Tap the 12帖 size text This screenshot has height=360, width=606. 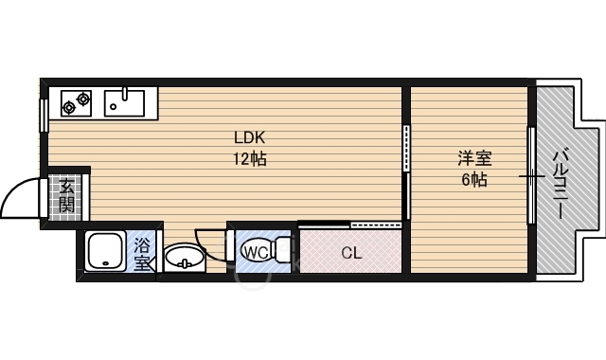point(250,159)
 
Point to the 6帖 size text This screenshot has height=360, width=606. point(473,179)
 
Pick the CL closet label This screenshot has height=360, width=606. point(351,253)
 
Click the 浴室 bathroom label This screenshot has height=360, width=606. point(141,253)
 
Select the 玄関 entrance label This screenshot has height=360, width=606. point(66,196)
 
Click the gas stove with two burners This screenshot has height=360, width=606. point(76,101)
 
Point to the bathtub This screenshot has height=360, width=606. point(104,253)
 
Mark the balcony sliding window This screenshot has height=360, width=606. point(532,175)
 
